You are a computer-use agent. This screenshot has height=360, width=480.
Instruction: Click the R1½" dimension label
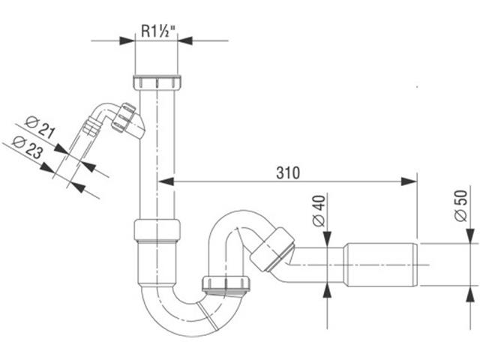(x=158, y=31)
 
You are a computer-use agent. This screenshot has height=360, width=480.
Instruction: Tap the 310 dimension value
(x=288, y=173)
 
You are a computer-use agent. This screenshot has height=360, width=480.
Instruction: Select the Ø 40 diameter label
(x=319, y=211)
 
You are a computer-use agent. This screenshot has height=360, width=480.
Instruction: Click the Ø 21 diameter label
(x=40, y=127)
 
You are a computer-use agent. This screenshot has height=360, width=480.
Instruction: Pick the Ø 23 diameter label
(x=28, y=147)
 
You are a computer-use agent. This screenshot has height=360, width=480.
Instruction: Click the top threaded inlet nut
(x=157, y=82)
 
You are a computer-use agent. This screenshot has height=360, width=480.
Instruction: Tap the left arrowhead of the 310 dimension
(x=166, y=181)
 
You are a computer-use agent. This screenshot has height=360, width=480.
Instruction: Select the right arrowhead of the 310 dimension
(x=409, y=181)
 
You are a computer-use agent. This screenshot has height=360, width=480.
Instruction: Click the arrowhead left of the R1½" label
(x=127, y=40)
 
